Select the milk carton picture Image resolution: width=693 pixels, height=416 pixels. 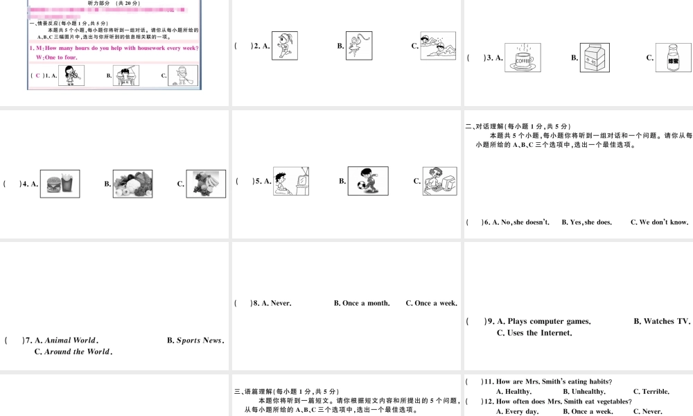595,58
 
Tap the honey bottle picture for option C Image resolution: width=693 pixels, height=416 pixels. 673,58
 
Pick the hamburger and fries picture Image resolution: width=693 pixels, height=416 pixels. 60,184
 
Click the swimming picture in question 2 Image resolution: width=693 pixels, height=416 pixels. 438,46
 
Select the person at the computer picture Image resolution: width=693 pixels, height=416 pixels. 439,181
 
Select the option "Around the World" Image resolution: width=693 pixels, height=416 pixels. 78,352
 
